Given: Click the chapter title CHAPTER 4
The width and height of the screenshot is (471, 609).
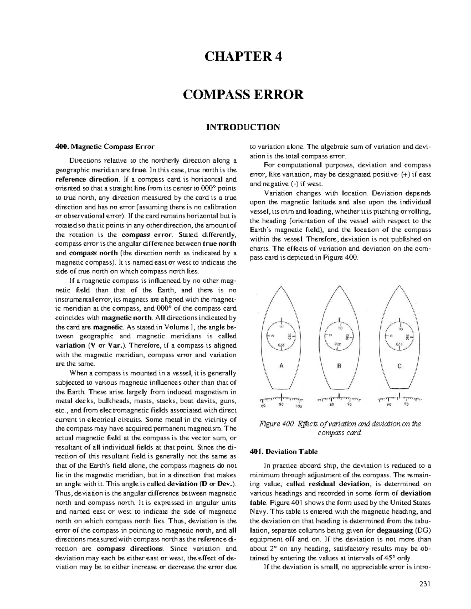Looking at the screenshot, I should pos(243,57).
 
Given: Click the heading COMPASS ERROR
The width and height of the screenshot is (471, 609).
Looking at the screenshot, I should pos(243,95).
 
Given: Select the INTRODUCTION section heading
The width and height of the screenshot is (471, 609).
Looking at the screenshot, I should pos(243,127).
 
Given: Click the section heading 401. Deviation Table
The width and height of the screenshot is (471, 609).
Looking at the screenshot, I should pos(284,451).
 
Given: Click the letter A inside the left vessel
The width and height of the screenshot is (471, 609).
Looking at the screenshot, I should pos(281,365).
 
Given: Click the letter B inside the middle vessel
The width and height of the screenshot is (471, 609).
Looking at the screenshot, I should pos(340,365).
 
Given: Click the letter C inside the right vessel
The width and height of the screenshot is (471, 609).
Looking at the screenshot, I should pos(399,365).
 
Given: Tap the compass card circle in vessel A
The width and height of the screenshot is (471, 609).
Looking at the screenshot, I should pos(281,336).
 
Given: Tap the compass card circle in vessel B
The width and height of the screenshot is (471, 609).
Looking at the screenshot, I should pos(340,336).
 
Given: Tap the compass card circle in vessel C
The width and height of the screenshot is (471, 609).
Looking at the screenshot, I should pos(400,336).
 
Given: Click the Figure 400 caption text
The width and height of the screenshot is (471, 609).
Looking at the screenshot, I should pos(340,428).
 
